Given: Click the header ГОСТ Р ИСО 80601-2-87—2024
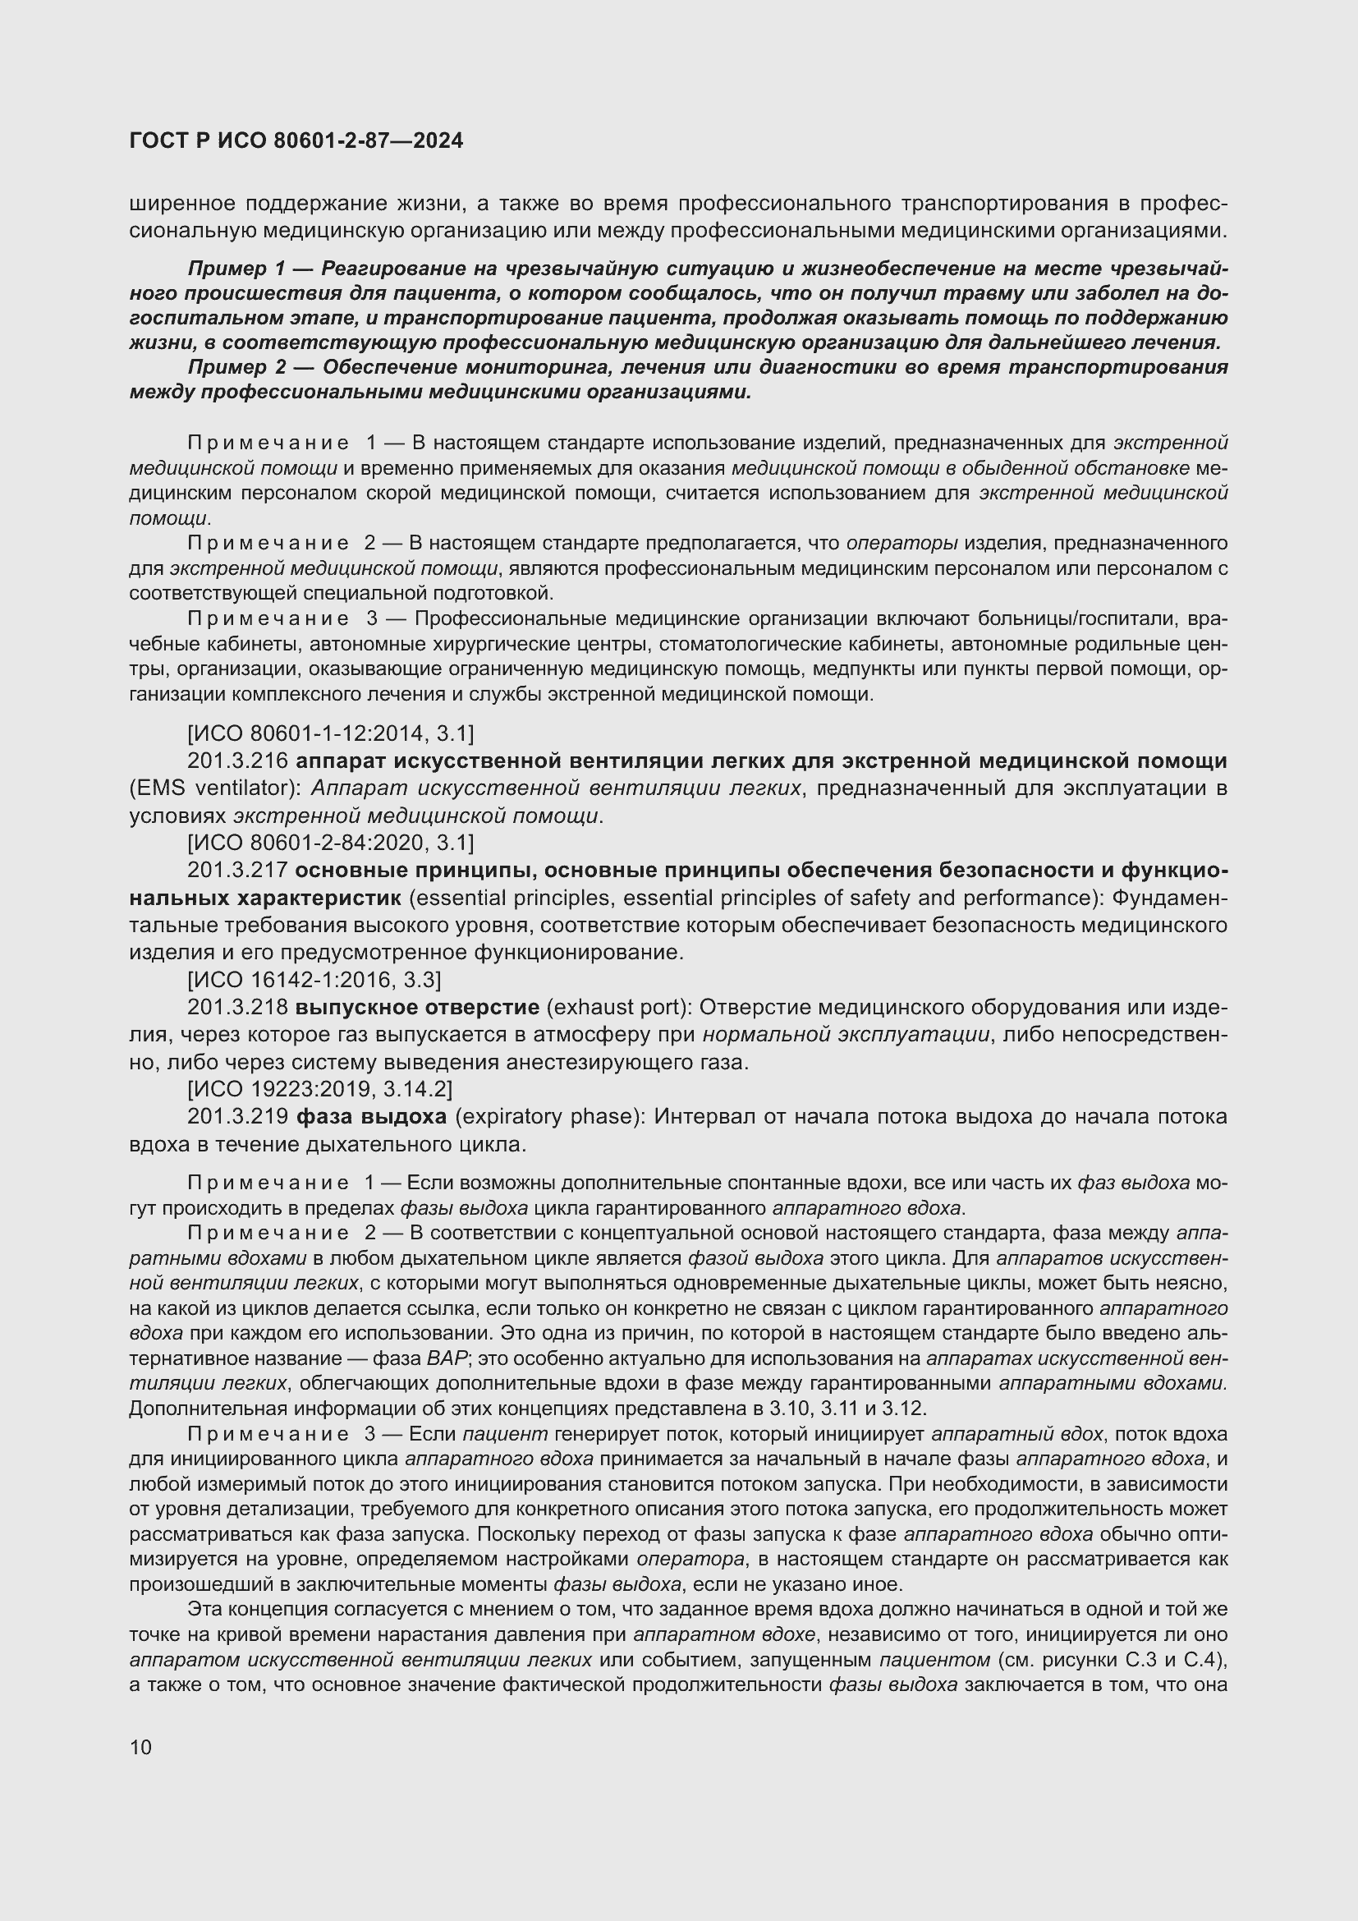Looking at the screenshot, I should point(296,141).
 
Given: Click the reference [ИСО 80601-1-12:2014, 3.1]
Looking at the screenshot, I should point(330,733).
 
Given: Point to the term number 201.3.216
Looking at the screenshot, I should point(237,761).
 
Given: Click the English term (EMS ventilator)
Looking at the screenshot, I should point(216,789).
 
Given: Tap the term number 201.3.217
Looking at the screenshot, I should point(237,871).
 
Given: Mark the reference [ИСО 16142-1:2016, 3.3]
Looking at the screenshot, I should point(314,980).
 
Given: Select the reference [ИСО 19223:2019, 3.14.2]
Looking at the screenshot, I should point(319,1089).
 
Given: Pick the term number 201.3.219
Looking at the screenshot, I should point(237,1117).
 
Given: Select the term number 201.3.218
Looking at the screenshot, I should point(237,1008).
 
